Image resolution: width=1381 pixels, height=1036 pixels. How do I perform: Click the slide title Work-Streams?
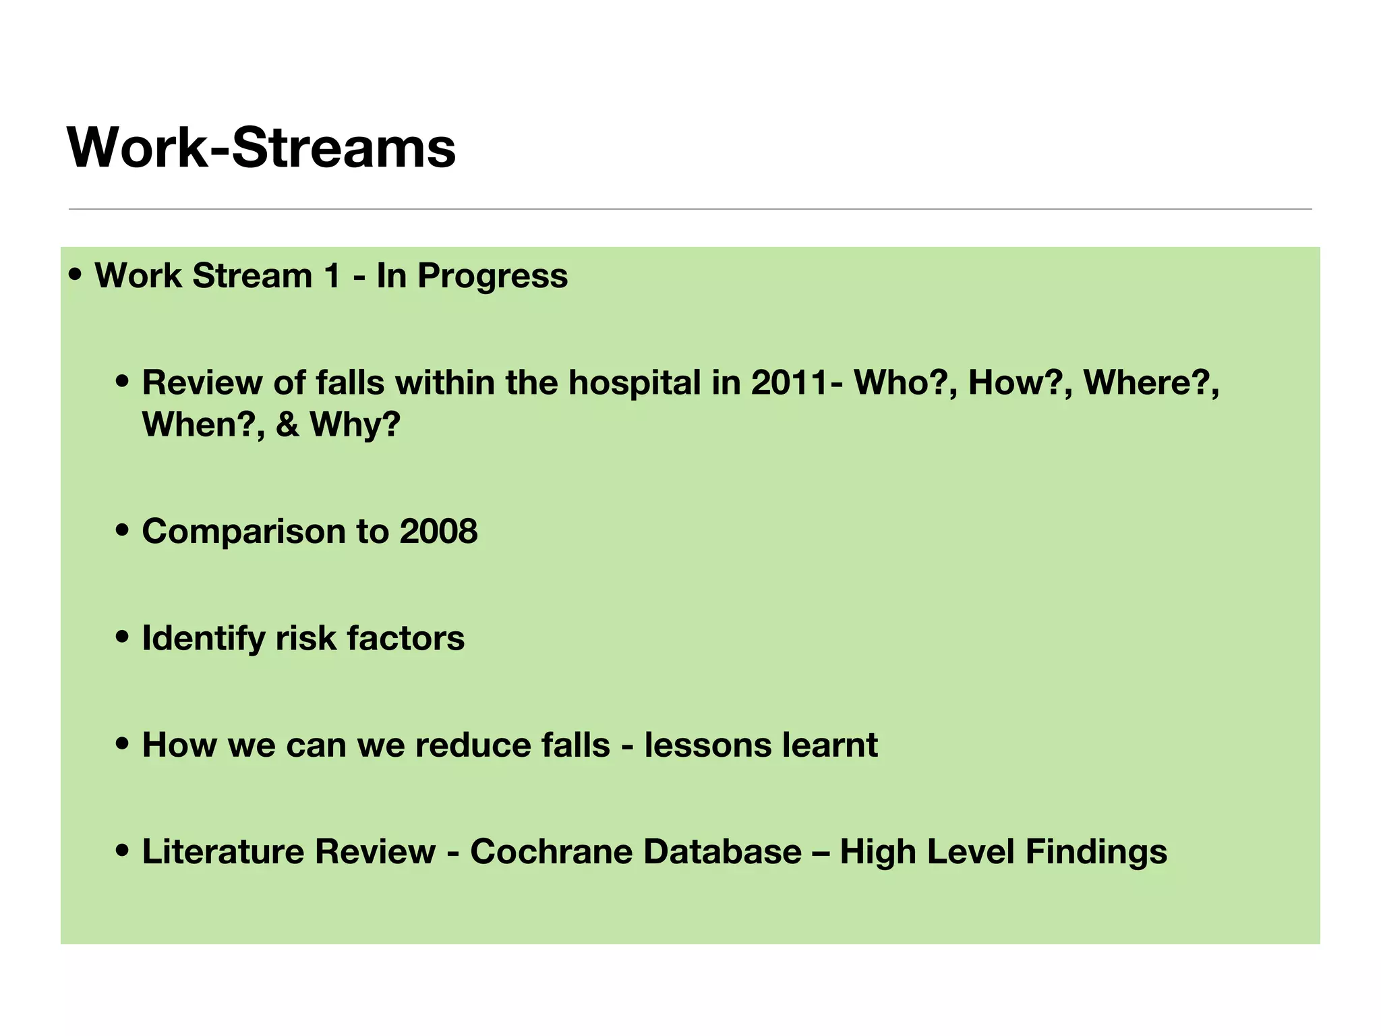click(x=262, y=148)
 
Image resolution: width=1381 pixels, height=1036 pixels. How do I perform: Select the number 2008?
click(x=438, y=531)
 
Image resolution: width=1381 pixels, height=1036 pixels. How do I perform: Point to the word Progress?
click(x=492, y=277)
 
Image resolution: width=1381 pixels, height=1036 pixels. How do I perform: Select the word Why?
click(x=355, y=425)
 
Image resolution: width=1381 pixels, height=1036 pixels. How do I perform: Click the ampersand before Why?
click(x=287, y=425)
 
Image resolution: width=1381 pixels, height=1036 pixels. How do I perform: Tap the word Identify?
click(x=203, y=639)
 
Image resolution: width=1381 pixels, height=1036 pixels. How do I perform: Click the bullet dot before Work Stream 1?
click(x=76, y=275)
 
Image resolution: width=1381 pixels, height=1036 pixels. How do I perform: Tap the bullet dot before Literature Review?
click(x=122, y=851)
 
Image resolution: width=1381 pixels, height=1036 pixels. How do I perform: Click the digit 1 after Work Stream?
click(x=332, y=277)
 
